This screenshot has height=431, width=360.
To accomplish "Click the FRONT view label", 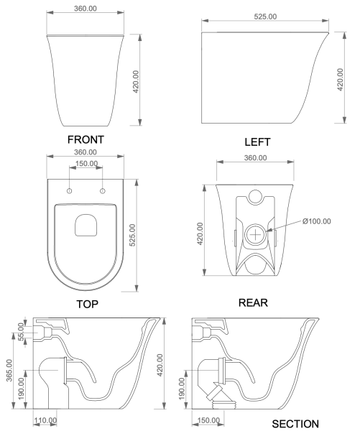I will click(85, 139).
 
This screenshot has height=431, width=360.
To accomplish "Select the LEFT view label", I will click(257, 143).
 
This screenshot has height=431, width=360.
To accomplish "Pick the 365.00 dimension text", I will click(8, 372).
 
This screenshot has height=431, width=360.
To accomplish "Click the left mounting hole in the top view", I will click(69, 190).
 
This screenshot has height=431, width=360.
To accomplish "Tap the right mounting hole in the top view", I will click(102, 190).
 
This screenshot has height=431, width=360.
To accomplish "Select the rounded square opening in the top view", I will click(86, 226).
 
